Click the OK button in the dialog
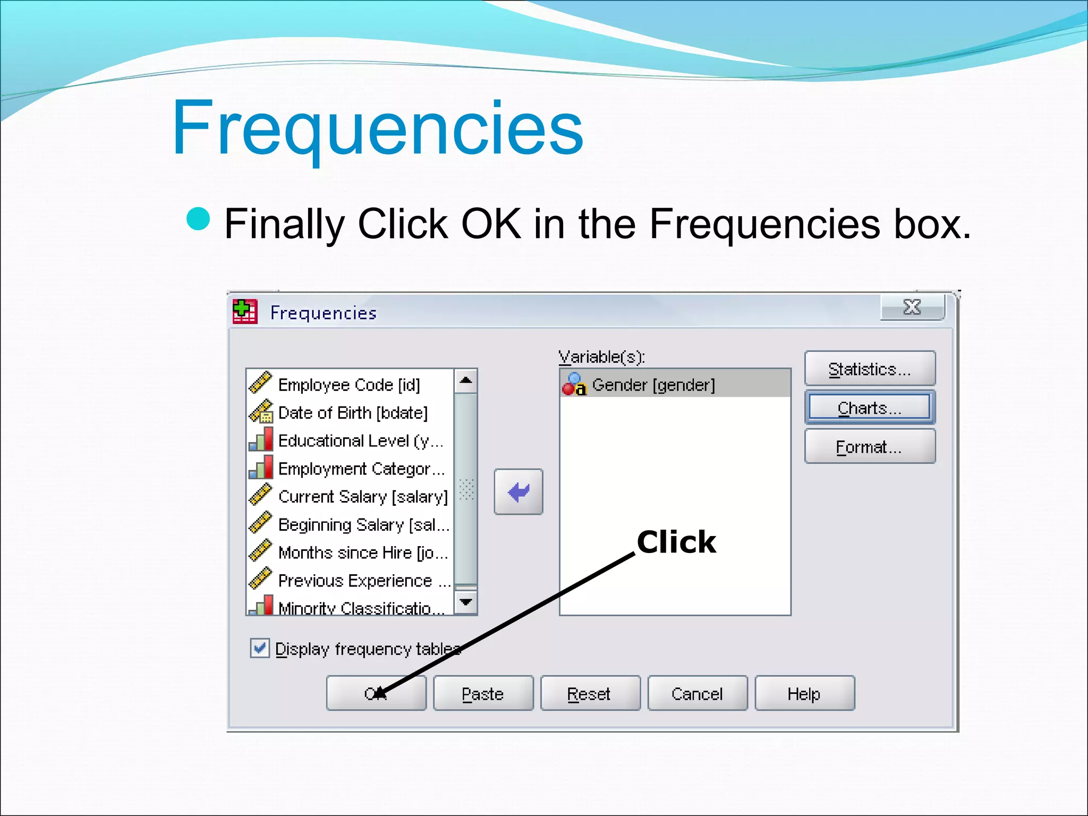point(376,693)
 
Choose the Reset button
point(590,693)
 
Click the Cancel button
point(697,693)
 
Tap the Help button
point(804,693)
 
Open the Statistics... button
point(870,369)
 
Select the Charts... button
point(870,408)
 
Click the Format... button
point(870,447)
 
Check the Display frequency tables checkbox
point(260,648)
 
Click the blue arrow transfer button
point(518,492)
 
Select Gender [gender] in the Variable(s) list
point(653,385)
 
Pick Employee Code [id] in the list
point(349,385)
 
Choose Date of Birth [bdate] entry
point(353,413)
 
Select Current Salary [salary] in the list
point(363,497)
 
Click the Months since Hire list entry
point(363,552)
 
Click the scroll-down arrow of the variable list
point(466,602)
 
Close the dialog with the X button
point(912,307)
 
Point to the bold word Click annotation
point(676,542)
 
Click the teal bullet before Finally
point(199,219)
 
